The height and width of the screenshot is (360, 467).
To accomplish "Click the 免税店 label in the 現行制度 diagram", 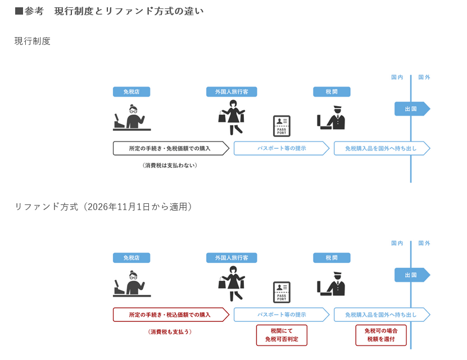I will click(131, 92).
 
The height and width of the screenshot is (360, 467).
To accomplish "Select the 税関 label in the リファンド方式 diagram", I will click(332, 258).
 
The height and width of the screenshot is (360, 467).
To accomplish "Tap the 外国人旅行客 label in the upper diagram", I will click(232, 92).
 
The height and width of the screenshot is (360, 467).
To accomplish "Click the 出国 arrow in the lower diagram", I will click(411, 275).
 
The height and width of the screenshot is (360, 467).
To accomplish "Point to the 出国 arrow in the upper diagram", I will click(411, 108).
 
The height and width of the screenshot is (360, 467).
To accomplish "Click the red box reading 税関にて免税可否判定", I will click(282, 335).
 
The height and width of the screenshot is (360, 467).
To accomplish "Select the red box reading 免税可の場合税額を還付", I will click(380, 335).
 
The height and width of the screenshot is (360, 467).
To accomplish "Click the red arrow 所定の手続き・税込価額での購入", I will click(170, 315).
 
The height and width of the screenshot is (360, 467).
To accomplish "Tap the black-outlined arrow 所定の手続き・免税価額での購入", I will click(170, 148).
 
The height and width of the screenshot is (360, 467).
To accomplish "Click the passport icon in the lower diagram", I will click(282, 292).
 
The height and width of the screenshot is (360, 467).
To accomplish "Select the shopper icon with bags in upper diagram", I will click(232, 117).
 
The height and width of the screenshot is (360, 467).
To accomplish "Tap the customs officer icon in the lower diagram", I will click(332, 284).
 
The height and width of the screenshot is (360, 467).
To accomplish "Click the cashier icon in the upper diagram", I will click(130, 117).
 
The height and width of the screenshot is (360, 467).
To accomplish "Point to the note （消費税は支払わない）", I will click(170, 166).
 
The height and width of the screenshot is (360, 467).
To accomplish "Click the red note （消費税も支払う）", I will click(170, 332).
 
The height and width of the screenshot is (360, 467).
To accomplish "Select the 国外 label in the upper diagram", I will click(424, 78).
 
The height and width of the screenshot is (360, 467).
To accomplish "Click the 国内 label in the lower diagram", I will click(397, 243).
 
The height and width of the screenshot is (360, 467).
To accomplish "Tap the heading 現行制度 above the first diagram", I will click(33, 41).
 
